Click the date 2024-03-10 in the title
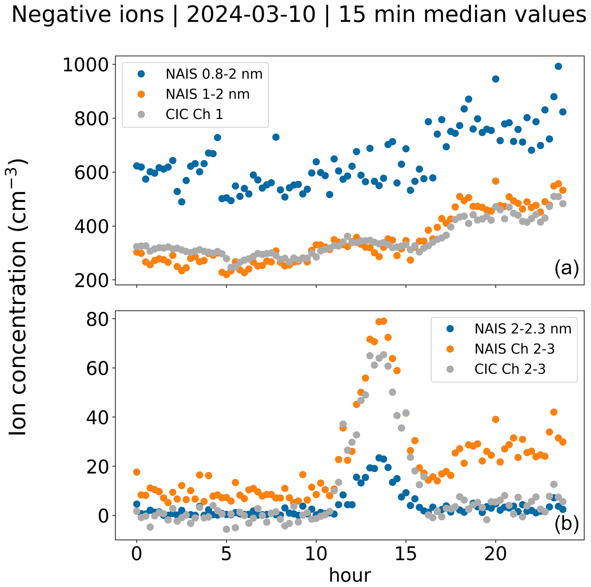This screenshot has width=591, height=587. [x=251, y=15]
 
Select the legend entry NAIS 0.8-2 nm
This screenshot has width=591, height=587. [x=214, y=74]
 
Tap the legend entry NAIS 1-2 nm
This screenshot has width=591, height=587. [x=207, y=94]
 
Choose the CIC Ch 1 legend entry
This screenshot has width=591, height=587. [x=194, y=114]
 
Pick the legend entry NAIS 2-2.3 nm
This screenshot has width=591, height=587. [x=523, y=329]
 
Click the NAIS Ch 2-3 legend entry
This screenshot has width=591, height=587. [x=515, y=349]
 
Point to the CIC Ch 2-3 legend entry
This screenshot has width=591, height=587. [x=510, y=369]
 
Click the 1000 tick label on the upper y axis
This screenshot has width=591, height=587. [x=86, y=65]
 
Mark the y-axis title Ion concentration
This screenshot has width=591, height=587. [x=18, y=297]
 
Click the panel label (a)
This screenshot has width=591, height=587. [x=566, y=268]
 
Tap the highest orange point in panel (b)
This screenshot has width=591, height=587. [x=384, y=321]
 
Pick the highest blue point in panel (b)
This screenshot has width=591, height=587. [x=379, y=458]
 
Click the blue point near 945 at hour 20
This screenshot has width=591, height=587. [x=496, y=79]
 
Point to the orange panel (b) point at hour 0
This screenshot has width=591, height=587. [x=137, y=472]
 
